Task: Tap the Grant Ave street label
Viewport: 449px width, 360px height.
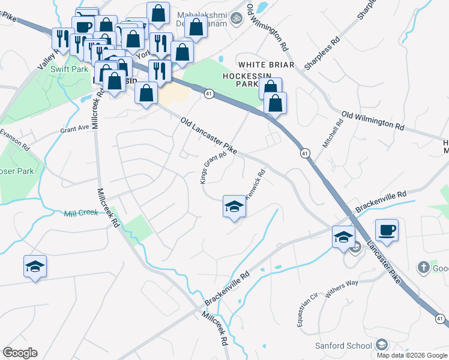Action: [x=75, y=128]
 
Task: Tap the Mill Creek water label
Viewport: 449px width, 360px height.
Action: [x=80, y=212]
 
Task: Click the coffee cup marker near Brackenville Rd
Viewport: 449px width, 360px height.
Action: [x=386, y=230]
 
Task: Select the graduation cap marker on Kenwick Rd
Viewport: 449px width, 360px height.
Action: [x=234, y=207]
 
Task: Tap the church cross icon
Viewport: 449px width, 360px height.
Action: [x=422, y=268]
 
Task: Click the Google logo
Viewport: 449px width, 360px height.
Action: [x=20, y=353]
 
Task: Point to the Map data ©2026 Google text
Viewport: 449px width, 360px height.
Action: [x=412, y=355]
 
